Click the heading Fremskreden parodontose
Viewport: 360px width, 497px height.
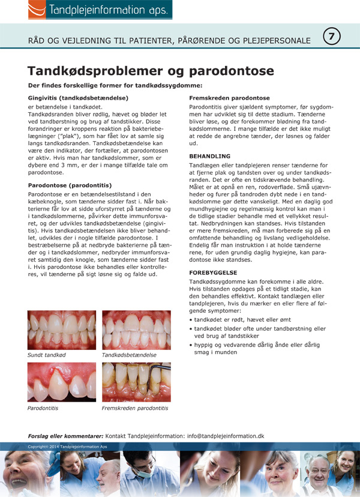tap(229, 97)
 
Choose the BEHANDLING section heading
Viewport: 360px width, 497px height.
tap(209, 155)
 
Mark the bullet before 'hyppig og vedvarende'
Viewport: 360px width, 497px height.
tap(191, 345)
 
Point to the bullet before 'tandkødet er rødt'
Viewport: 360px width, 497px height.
tap(191, 320)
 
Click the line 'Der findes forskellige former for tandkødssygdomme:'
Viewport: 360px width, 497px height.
tap(115, 86)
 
